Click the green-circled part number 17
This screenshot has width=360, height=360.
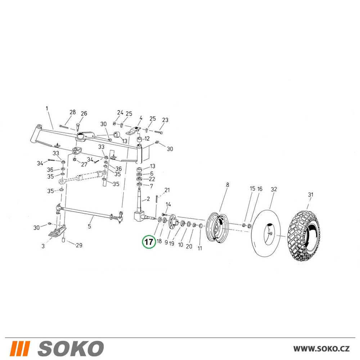[x=149, y=242]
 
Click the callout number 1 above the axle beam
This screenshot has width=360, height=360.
[x=47, y=108]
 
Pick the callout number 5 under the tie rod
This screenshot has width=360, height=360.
[x=89, y=226]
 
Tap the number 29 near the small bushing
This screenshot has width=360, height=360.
[x=79, y=245]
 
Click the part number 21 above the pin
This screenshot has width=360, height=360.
[x=167, y=190]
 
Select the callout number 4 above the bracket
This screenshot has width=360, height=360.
[x=141, y=118]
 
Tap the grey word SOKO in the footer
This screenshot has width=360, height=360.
[x=71, y=348]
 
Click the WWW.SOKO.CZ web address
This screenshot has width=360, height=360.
[x=321, y=349]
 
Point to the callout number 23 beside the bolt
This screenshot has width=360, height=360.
[x=165, y=120]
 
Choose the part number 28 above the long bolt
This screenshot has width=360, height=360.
[x=73, y=112]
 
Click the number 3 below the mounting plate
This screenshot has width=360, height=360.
[x=43, y=246]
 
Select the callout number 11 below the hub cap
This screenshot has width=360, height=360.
[x=200, y=248]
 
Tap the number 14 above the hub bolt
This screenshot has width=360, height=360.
[x=168, y=204]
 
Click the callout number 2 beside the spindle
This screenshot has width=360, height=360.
[x=148, y=199]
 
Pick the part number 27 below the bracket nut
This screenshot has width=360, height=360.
[x=84, y=165]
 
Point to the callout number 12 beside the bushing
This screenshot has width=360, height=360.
[x=147, y=139]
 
